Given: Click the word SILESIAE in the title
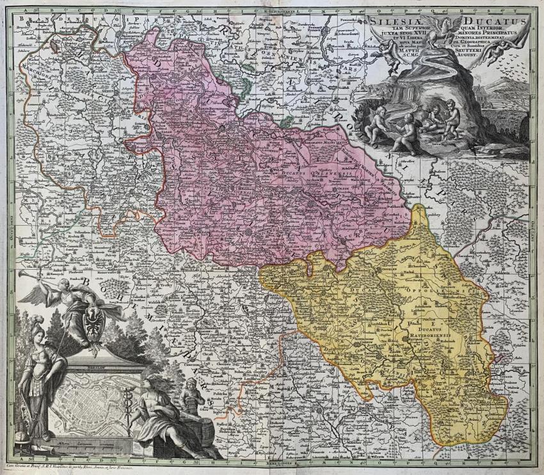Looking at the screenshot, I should pos(391,21).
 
